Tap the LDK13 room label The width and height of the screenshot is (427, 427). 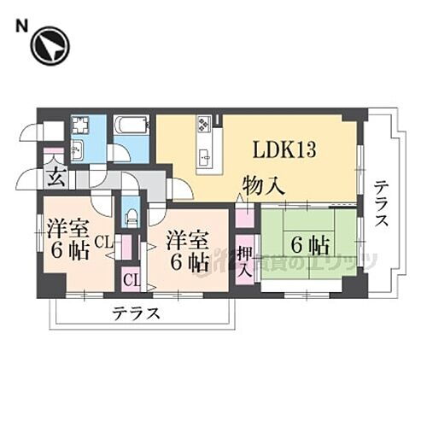(x=284, y=150)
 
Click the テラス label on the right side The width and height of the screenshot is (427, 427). (x=382, y=202)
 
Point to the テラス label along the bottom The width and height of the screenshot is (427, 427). (x=136, y=313)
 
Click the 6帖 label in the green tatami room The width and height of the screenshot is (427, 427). (x=310, y=244)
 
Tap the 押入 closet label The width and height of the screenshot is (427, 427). (x=244, y=262)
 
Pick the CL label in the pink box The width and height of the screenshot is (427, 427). (x=132, y=279)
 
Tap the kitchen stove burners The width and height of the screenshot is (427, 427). (x=206, y=128)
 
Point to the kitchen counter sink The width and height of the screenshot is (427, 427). (x=206, y=156)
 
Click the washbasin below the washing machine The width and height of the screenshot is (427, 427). (x=76, y=151)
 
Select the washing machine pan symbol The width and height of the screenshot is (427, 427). (x=82, y=127)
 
